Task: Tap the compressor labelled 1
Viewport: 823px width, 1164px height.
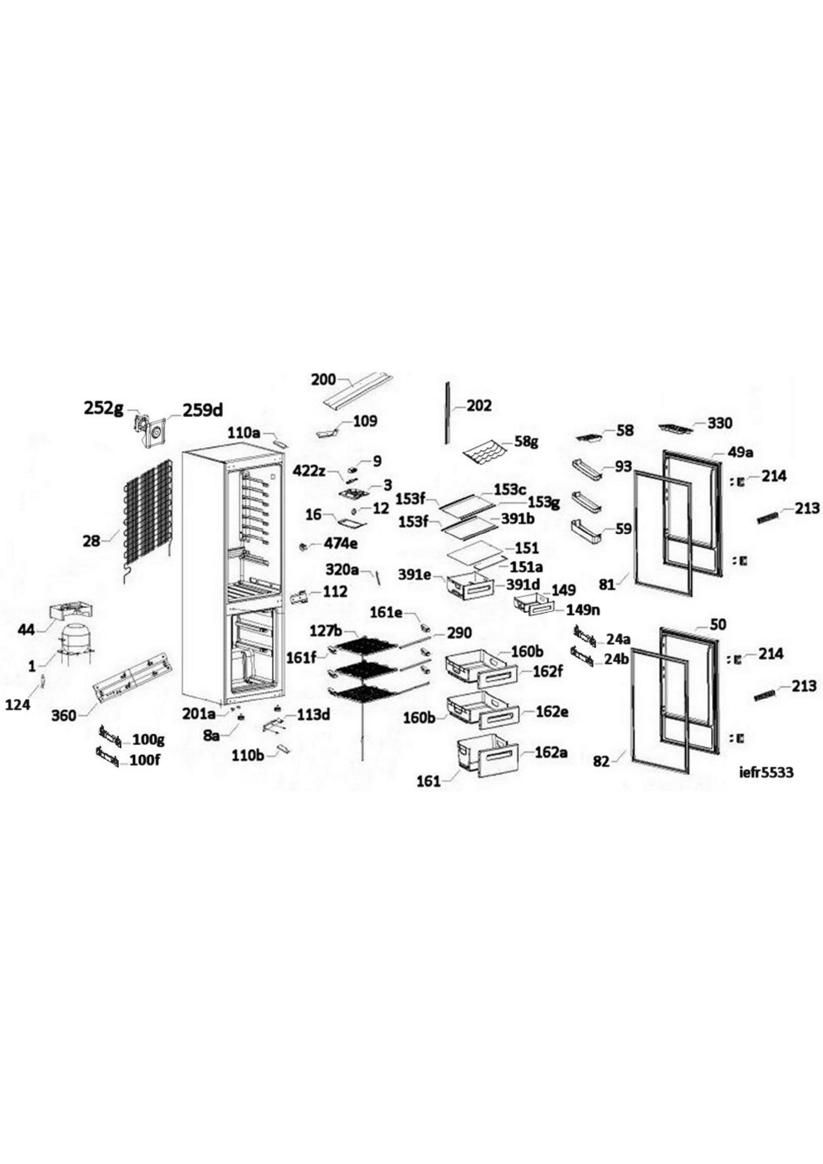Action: tap(76, 643)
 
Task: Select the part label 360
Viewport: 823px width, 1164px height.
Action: tap(64, 716)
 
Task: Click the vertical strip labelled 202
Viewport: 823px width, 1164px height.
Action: tap(447, 413)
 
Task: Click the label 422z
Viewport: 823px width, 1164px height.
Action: tap(309, 470)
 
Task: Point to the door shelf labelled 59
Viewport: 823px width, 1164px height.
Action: tap(586, 530)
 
